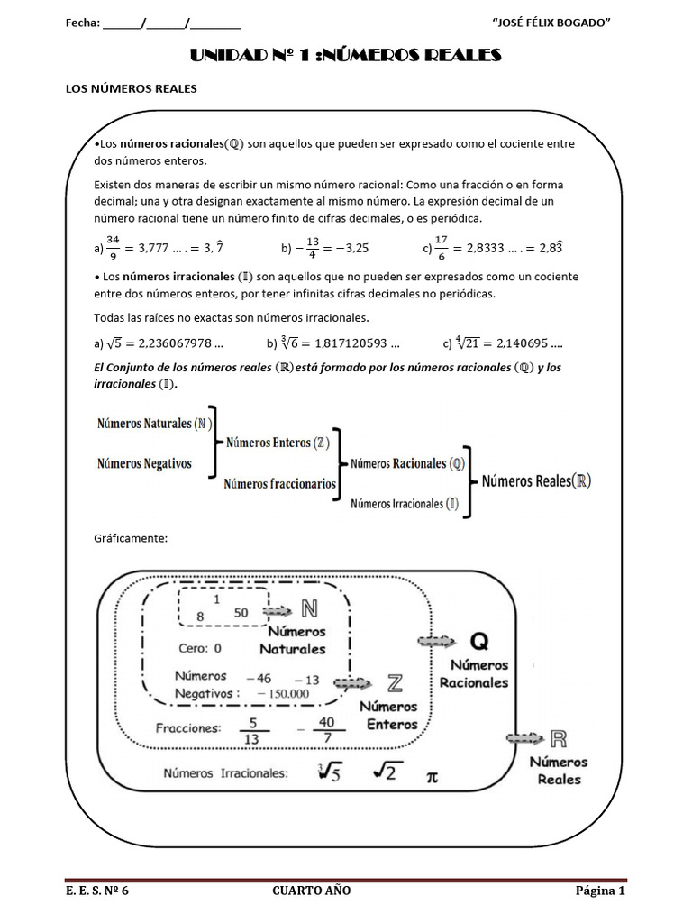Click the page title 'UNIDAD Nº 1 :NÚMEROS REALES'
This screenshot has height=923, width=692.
(x=345, y=56)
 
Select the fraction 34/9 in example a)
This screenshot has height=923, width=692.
(x=113, y=245)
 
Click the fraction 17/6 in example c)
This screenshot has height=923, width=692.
(x=442, y=245)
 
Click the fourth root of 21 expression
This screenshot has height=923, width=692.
(x=470, y=343)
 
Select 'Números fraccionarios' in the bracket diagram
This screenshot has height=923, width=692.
(x=280, y=483)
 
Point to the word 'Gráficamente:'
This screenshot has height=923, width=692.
(x=132, y=538)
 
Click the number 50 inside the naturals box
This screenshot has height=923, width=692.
(x=241, y=612)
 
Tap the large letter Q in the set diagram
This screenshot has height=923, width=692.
(x=480, y=641)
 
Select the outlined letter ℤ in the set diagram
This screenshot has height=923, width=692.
(x=394, y=681)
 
